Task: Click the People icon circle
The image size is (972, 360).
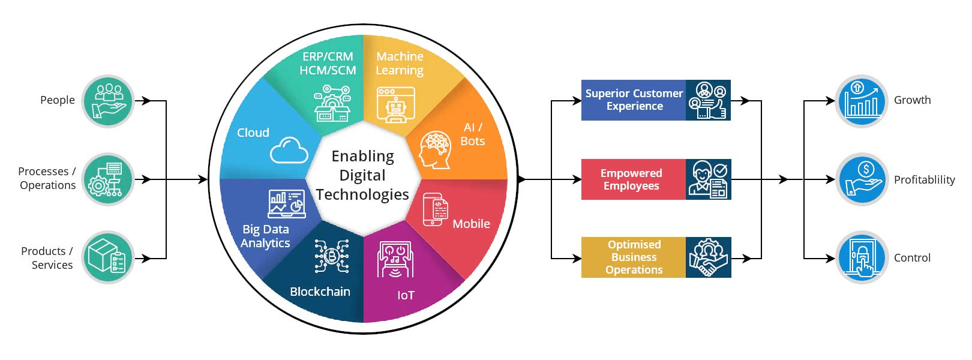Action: pos(108,101)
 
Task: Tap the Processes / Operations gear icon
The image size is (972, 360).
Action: pos(108,179)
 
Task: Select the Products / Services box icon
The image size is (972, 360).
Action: pos(108,257)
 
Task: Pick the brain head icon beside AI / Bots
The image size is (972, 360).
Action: pos(435,150)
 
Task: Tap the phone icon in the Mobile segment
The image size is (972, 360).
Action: pos(435,209)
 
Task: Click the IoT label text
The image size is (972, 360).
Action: pos(406,295)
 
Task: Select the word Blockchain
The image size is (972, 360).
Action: pos(320,292)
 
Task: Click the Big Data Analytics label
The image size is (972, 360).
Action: pos(265,236)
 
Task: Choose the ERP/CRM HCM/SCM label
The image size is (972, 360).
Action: pos(328,63)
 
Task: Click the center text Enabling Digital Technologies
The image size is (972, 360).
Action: pos(362,175)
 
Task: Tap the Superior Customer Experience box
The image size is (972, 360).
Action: pos(634,100)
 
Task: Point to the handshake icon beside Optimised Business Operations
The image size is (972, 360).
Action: pos(709,257)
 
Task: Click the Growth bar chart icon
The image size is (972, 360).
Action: pos(861,101)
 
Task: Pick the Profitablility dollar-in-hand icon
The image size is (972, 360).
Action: pos(861,179)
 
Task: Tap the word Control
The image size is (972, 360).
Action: pos(912,258)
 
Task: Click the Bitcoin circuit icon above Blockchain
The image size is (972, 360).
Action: pos(331,257)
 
